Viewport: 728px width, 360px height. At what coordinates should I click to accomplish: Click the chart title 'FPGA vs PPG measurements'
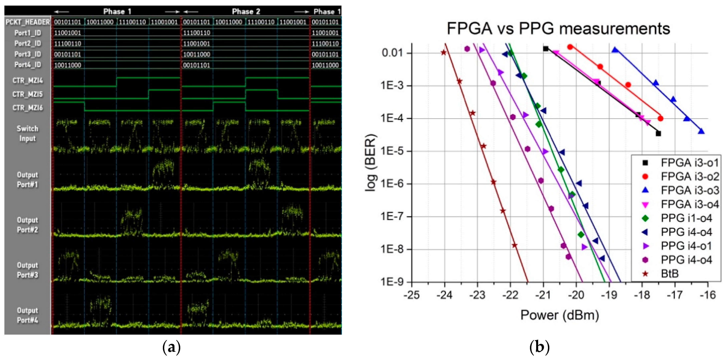558,29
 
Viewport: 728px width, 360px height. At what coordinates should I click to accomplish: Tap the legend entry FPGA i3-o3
690,190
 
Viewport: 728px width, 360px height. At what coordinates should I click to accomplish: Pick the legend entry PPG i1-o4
686,218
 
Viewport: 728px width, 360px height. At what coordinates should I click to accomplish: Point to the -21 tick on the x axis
543,295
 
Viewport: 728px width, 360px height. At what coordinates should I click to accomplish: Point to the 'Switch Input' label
27,133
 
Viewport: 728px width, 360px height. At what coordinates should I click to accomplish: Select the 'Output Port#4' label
27,315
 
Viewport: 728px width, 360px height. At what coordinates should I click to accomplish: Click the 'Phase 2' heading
246,11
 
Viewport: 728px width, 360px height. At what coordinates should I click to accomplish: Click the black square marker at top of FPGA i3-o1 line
546,49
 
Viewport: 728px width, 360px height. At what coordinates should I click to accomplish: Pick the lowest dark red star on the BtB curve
514,245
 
